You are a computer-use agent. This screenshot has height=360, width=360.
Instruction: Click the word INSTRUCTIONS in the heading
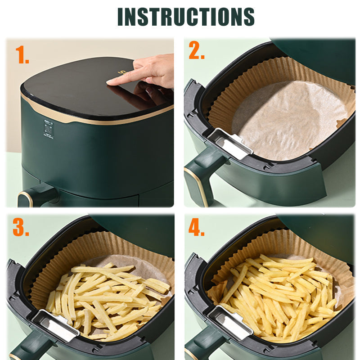click(186, 17)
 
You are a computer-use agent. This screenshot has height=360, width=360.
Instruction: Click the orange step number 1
click(22, 55)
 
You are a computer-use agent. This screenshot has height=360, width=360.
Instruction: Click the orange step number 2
click(196, 51)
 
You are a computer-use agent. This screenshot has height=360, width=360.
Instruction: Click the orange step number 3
click(21, 228)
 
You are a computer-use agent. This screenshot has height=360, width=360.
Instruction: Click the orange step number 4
click(196, 228)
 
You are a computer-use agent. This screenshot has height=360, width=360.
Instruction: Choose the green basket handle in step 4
click(202, 346)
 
